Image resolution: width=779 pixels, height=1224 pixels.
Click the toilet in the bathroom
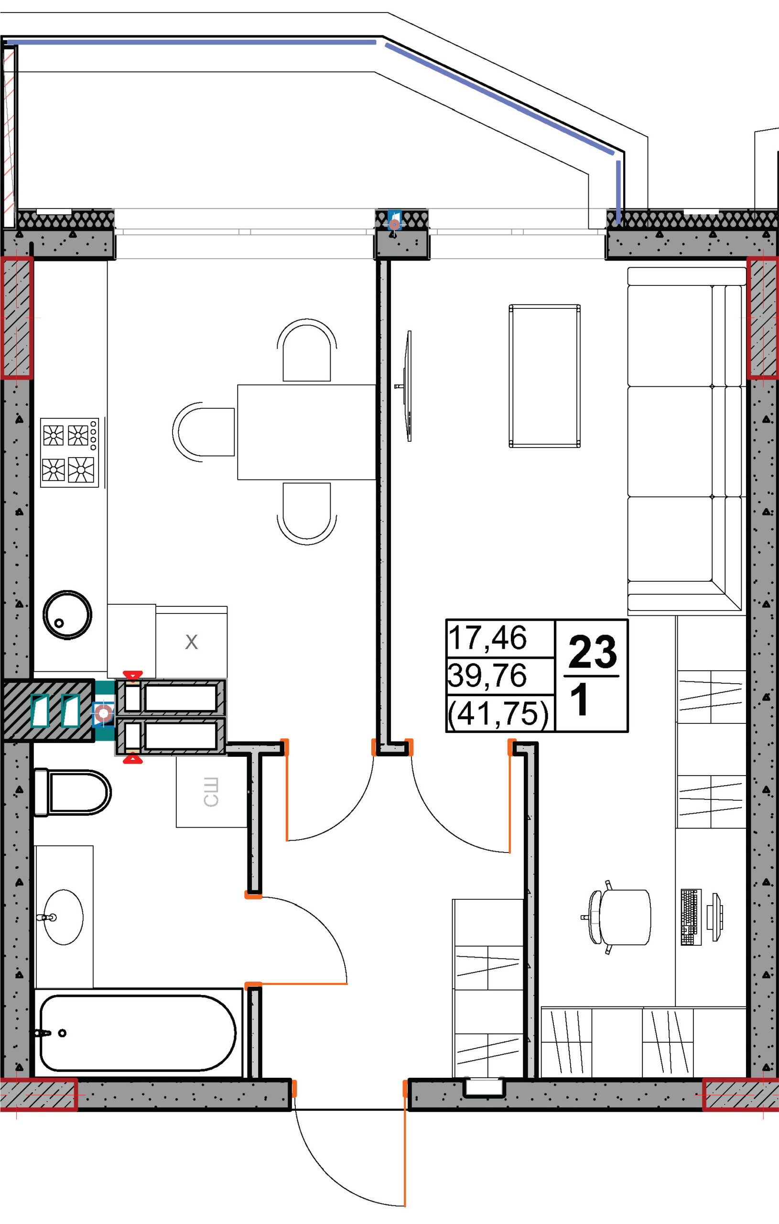click(71, 792)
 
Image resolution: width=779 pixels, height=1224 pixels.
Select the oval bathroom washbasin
click(63, 917)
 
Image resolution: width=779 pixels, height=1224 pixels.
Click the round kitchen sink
click(67, 614)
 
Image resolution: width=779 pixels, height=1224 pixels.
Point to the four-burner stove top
click(70, 453)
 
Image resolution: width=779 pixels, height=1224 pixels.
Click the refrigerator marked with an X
click(191, 642)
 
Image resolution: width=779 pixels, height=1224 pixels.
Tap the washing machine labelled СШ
click(211, 792)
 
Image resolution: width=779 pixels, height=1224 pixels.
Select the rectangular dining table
click(306, 432)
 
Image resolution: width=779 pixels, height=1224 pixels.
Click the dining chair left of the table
click(204, 432)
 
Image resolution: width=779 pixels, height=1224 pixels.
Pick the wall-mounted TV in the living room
click(406, 386)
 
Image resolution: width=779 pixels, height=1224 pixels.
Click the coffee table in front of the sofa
click(545, 376)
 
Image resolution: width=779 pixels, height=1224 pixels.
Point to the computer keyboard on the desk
click(691, 918)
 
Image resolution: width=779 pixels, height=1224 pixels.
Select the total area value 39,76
click(487, 676)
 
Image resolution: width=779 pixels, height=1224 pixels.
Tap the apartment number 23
click(593, 652)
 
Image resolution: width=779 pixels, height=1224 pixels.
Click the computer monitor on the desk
click(717, 918)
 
